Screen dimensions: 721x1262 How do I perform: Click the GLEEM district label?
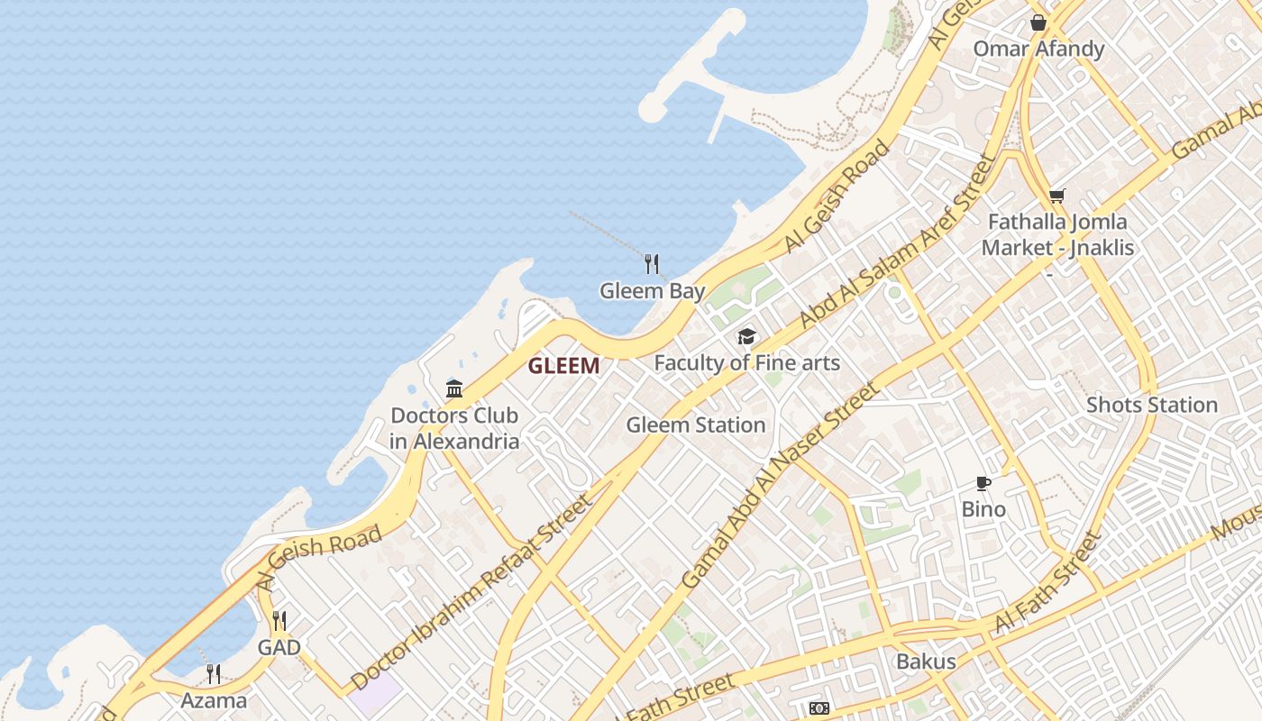tap(563, 365)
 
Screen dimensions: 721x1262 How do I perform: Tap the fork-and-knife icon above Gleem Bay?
tap(652, 264)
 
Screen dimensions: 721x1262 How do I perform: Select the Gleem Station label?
tap(695, 424)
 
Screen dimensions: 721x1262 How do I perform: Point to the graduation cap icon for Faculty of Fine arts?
tap(746, 337)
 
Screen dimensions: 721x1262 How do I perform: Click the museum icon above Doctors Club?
tap(454, 389)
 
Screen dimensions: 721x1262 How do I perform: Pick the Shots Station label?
tap(1151, 405)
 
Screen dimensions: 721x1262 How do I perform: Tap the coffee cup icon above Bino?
tap(983, 484)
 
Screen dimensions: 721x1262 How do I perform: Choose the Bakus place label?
tap(925, 662)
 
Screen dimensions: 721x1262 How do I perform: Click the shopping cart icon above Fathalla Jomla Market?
tap(1057, 196)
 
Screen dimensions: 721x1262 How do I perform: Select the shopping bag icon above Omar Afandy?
tap(1038, 23)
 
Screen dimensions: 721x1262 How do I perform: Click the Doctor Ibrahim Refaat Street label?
tap(472, 592)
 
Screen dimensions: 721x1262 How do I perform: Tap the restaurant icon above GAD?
tap(279, 621)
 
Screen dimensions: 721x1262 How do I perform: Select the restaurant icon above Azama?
tap(214, 673)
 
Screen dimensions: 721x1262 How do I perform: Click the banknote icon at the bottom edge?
tap(818, 708)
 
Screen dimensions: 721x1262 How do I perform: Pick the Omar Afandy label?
tap(1038, 49)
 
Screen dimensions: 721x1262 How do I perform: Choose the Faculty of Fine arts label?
tap(746, 363)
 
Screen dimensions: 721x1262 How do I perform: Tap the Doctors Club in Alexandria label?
tap(454, 428)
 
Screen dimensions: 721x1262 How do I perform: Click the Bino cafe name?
tap(983, 509)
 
